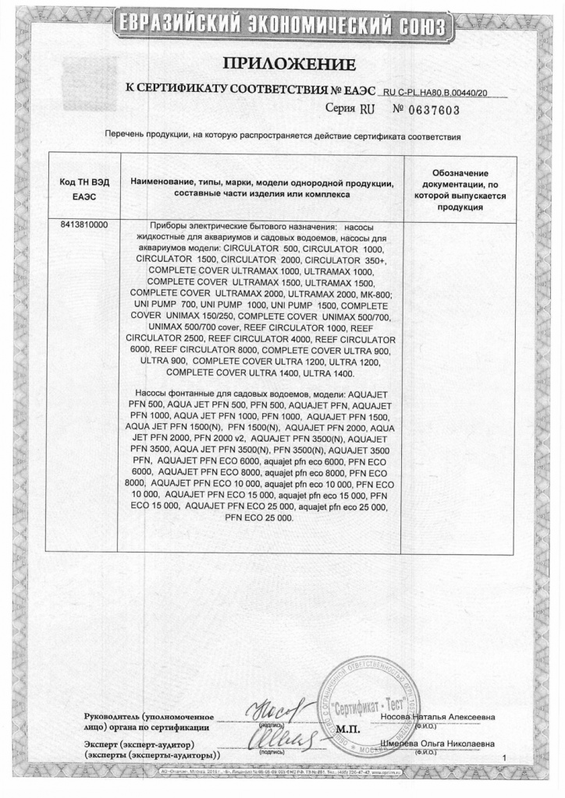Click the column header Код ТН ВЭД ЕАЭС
[84, 188]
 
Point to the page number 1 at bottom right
[505, 757]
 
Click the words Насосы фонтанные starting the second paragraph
[174, 395]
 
